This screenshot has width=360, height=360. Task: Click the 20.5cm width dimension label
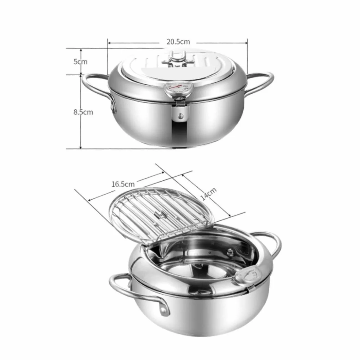(178, 42)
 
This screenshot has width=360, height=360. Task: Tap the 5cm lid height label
(80, 62)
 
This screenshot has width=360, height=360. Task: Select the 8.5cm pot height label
(83, 112)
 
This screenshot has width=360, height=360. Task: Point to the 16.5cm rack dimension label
(123, 184)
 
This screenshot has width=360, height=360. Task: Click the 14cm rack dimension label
(208, 194)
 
